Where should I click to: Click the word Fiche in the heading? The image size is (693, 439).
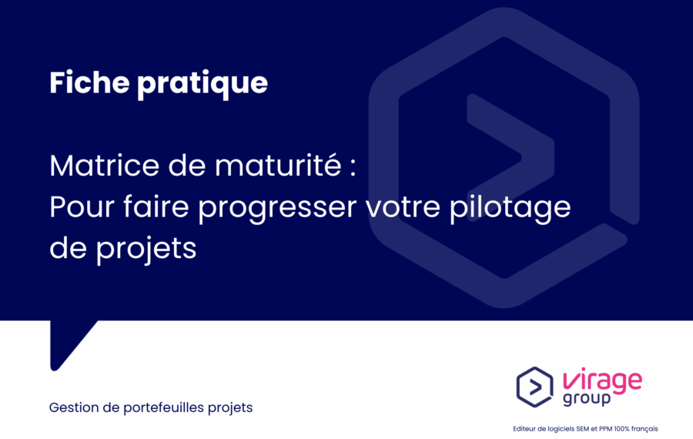[x=89, y=82]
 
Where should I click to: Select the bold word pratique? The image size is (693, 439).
[x=203, y=85]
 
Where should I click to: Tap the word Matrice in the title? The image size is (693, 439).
[x=104, y=166]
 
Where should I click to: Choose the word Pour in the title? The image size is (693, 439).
[x=82, y=207]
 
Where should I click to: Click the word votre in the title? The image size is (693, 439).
[x=403, y=207]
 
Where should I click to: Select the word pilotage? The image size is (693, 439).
[x=511, y=207]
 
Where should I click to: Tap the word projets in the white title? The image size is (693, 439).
[x=146, y=250]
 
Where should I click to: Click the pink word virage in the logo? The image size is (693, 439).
[x=603, y=380]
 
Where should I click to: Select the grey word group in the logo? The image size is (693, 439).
[x=587, y=399]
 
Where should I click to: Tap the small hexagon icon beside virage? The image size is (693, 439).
[x=535, y=387]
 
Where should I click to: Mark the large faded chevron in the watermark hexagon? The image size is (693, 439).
[x=511, y=157]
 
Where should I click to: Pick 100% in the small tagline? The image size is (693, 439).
[x=621, y=429]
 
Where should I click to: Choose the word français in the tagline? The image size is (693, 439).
[x=644, y=429]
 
